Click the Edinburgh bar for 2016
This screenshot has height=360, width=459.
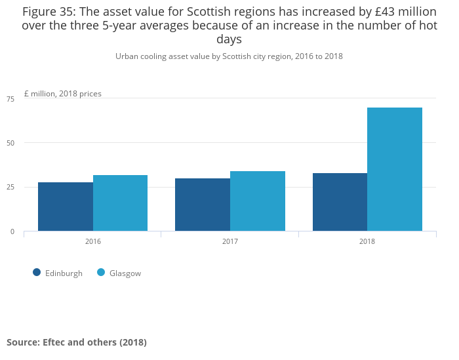[66, 207]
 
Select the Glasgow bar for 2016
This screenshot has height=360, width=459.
[120, 203]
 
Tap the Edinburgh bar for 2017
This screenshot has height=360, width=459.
[203, 205]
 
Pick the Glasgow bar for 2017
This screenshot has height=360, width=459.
[258, 201]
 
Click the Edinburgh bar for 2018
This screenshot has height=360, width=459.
[340, 202]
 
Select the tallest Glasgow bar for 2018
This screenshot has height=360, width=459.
[395, 169]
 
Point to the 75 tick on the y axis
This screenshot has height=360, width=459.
[10, 99]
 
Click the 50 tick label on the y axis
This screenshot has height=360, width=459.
[10, 143]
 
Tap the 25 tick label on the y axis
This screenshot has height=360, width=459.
[10, 188]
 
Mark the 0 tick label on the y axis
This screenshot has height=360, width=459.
[12, 231]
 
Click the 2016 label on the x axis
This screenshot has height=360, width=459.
[93, 241]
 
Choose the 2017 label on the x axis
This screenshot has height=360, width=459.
[230, 241]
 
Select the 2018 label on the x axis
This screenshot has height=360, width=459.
[367, 241]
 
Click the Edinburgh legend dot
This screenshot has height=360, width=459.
[37, 273]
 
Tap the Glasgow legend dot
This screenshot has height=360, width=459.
[101, 273]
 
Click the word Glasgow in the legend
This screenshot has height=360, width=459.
[125, 273]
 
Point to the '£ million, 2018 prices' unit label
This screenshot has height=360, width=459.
[63, 94]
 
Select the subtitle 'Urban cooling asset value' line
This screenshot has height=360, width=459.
[229, 56]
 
